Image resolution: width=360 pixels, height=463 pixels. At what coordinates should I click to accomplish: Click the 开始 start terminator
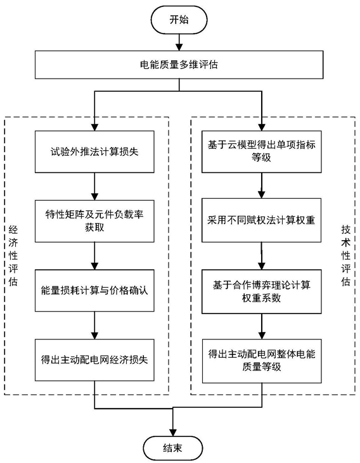pyautogui.click(x=179, y=20)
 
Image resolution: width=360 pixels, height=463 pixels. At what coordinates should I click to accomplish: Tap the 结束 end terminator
pyautogui.click(x=173, y=448)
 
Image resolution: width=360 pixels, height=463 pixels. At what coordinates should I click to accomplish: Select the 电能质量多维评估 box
pyautogui.click(x=179, y=65)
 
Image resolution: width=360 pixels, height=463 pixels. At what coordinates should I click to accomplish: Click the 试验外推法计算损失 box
pyautogui.click(x=94, y=152)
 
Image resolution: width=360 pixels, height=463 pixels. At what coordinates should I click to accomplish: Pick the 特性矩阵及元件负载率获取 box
pyautogui.click(x=94, y=221)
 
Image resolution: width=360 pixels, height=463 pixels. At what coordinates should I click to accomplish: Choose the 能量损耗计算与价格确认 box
pyautogui.click(x=94, y=291)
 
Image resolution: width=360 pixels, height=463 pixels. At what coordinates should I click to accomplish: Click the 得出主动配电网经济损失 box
pyautogui.click(x=94, y=360)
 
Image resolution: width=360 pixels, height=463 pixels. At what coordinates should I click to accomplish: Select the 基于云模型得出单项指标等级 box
pyautogui.click(x=262, y=152)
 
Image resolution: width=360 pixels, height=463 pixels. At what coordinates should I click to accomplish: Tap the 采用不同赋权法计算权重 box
pyautogui.click(x=262, y=220)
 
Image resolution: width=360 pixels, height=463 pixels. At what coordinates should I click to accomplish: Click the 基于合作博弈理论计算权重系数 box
pyautogui.click(x=262, y=291)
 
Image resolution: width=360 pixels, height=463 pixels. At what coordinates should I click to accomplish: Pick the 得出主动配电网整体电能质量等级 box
pyautogui.click(x=262, y=361)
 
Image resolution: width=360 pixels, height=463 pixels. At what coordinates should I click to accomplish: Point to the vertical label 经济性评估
pyautogui.click(x=13, y=256)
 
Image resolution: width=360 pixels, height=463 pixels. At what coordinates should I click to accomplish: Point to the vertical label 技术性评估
pyautogui.click(x=346, y=256)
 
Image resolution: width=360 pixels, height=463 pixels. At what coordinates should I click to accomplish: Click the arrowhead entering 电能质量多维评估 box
pyautogui.click(x=179, y=47)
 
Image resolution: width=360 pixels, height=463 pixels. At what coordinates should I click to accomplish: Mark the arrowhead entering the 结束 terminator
pyautogui.click(x=173, y=433)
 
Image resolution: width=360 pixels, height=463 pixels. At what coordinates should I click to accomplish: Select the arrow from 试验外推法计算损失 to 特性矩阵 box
pyautogui.click(x=94, y=187)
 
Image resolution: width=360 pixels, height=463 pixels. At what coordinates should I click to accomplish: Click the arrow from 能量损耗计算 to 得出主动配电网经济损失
pyautogui.click(x=94, y=326)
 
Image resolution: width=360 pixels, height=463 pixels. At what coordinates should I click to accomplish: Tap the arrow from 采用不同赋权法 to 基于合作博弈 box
pyautogui.click(x=262, y=256)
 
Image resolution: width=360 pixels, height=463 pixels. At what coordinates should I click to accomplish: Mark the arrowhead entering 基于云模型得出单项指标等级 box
pyautogui.click(x=262, y=127)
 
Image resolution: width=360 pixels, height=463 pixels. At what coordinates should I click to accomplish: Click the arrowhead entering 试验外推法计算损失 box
pyautogui.click(x=94, y=127)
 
